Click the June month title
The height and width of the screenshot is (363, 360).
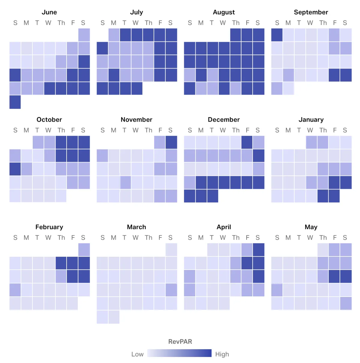tap(49, 12)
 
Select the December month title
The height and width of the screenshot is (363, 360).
tap(224, 120)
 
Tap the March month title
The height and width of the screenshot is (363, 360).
tap(136, 227)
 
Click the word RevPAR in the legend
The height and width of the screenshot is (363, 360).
tap(180, 342)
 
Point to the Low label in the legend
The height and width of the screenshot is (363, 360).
tap(137, 354)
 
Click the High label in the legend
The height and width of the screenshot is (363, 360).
tap(222, 354)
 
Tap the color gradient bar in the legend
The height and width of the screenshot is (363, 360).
tap(179, 353)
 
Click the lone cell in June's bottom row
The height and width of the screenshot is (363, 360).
tap(15, 102)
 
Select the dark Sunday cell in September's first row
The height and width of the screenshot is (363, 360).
tap(277, 35)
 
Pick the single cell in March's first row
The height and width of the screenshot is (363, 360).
tap(171, 250)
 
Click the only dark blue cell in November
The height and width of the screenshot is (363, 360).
tap(171, 142)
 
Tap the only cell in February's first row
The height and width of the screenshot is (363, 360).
tap(84, 250)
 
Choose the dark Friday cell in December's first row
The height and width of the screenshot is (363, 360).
tap(247, 142)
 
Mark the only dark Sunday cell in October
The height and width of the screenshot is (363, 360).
tap(15, 169)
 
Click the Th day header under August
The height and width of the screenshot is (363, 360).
tap(236, 23)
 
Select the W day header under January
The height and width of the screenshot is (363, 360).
tap(310, 131)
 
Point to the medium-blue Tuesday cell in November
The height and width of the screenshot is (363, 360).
tap(125, 182)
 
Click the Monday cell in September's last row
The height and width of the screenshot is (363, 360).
tap(288, 89)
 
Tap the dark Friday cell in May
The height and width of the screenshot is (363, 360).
tap(334, 277)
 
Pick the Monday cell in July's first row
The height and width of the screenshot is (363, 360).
tap(114, 35)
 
